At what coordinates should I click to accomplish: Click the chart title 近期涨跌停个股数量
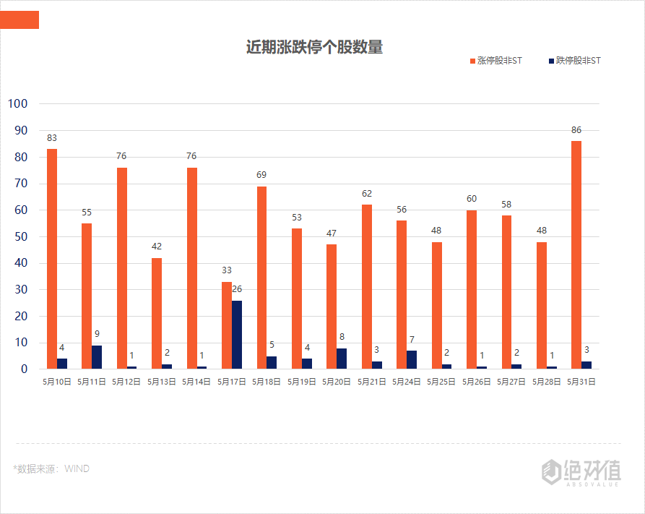point(314,48)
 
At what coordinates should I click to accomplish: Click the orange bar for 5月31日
point(576,254)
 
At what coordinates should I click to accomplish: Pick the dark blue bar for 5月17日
point(237,335)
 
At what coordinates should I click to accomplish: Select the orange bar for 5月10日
point(52,259)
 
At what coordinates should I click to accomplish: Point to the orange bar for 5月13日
point(157,313)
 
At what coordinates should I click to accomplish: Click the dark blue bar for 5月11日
point(97,357)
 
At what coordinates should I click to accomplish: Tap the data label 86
point(576,130)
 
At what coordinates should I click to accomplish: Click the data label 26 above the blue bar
point(237,289)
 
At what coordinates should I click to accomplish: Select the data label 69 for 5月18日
point(261,175)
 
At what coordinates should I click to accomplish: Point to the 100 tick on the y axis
point(17,103)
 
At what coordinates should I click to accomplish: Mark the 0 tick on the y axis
point(24,369)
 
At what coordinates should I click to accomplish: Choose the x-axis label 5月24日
point(407,382)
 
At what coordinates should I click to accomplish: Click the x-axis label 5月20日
point(337,382)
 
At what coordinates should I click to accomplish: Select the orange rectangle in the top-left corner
point(20,20)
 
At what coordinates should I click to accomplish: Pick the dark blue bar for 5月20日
point(342,359)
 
